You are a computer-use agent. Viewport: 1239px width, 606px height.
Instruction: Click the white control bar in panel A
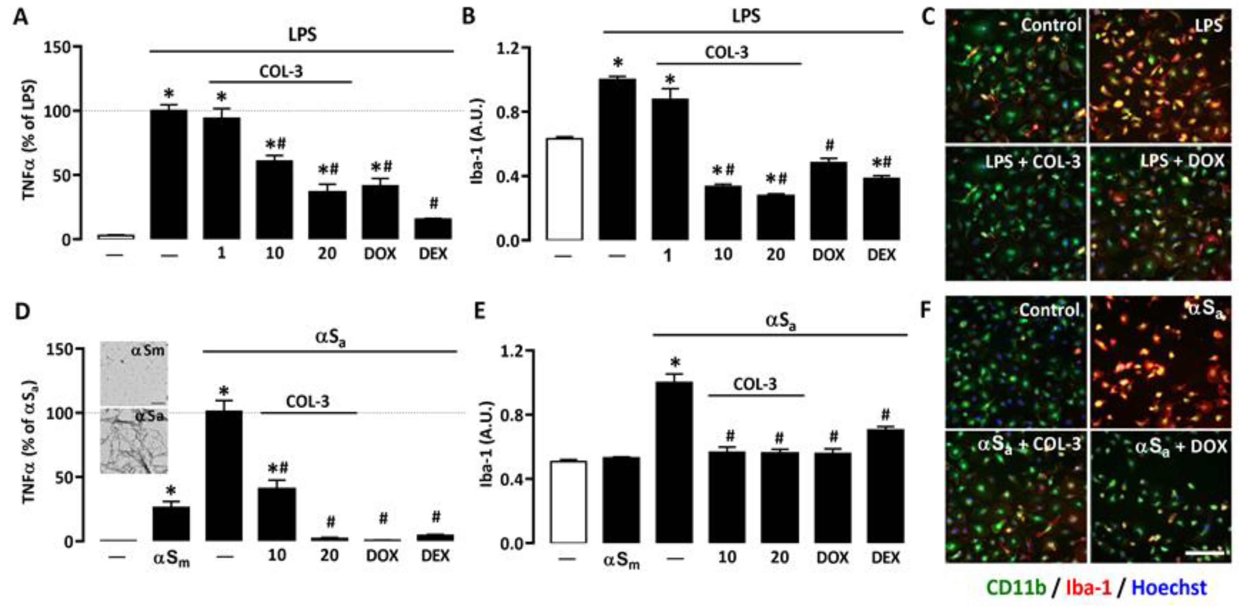coord(116,236)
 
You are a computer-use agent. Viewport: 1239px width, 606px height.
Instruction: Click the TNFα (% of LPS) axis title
coord(29,140)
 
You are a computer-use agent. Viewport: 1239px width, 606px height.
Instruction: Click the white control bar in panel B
coord(564,189)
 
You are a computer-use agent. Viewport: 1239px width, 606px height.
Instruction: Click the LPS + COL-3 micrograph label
coord(1032,162)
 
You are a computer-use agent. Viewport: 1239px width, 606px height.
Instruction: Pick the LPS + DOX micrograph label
coord(1182,160)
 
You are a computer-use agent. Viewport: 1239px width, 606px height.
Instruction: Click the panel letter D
coord(22,312)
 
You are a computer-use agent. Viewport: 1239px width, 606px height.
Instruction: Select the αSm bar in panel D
coord(171,523)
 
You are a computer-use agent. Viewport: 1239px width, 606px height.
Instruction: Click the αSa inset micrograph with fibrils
coord(134,441)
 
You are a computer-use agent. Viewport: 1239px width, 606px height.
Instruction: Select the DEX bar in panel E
coord(885,486)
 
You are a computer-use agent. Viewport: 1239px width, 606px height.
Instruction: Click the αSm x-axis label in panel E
coord(621,560)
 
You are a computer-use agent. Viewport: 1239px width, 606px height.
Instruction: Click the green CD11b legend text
coord(1016,587)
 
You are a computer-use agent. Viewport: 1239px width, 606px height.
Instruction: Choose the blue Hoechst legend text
coord(1169,587)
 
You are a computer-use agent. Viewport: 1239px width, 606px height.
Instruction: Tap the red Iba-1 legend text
coord(1088,587)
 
